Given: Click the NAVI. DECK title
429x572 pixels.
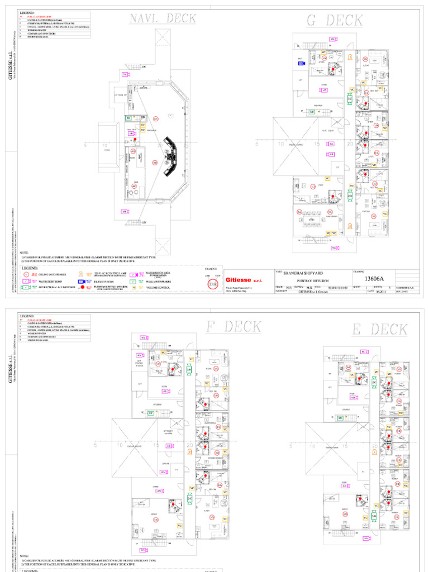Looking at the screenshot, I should [x=163, y=19].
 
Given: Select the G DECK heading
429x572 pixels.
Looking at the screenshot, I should [x=335, y=21].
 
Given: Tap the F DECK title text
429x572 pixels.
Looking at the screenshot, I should [x=235, y=327].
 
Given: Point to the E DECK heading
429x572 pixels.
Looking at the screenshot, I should [x=380, y=330].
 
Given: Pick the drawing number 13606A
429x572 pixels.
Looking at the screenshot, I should [x=378, y=279].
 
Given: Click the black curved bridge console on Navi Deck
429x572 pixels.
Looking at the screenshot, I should [x=171, y=156].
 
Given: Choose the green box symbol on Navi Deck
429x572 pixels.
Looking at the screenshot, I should [x=128, y=118].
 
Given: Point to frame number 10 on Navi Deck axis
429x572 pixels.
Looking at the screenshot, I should [x=105, y=145].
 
